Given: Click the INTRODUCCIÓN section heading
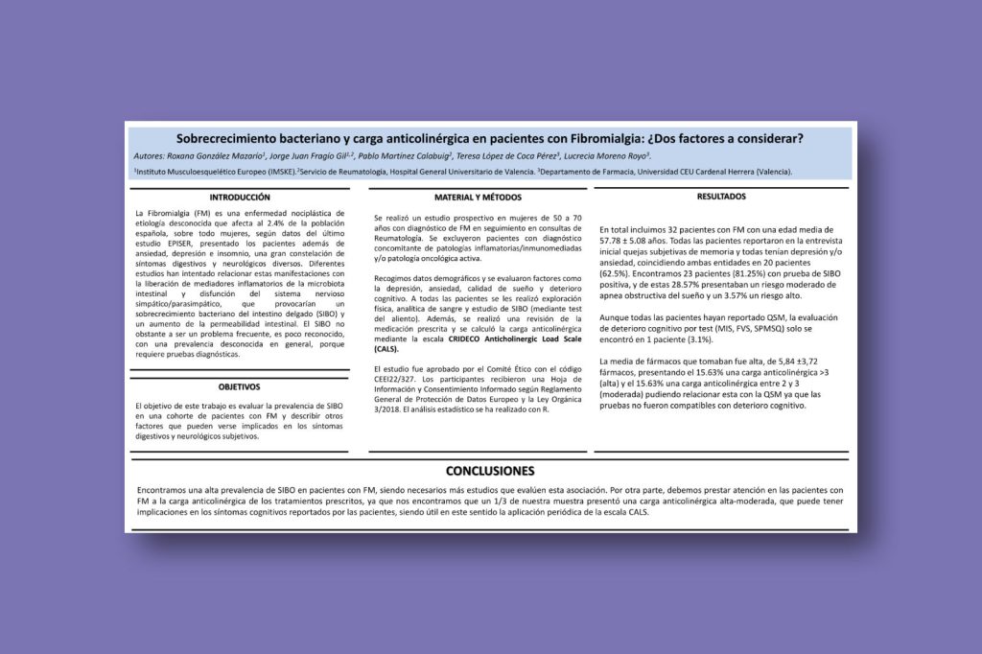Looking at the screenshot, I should tap(239, 196).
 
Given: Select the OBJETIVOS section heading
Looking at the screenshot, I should tap(239, 386).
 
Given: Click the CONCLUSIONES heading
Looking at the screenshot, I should tap(489, 471).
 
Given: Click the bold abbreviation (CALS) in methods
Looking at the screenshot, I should tap(387, 350).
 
